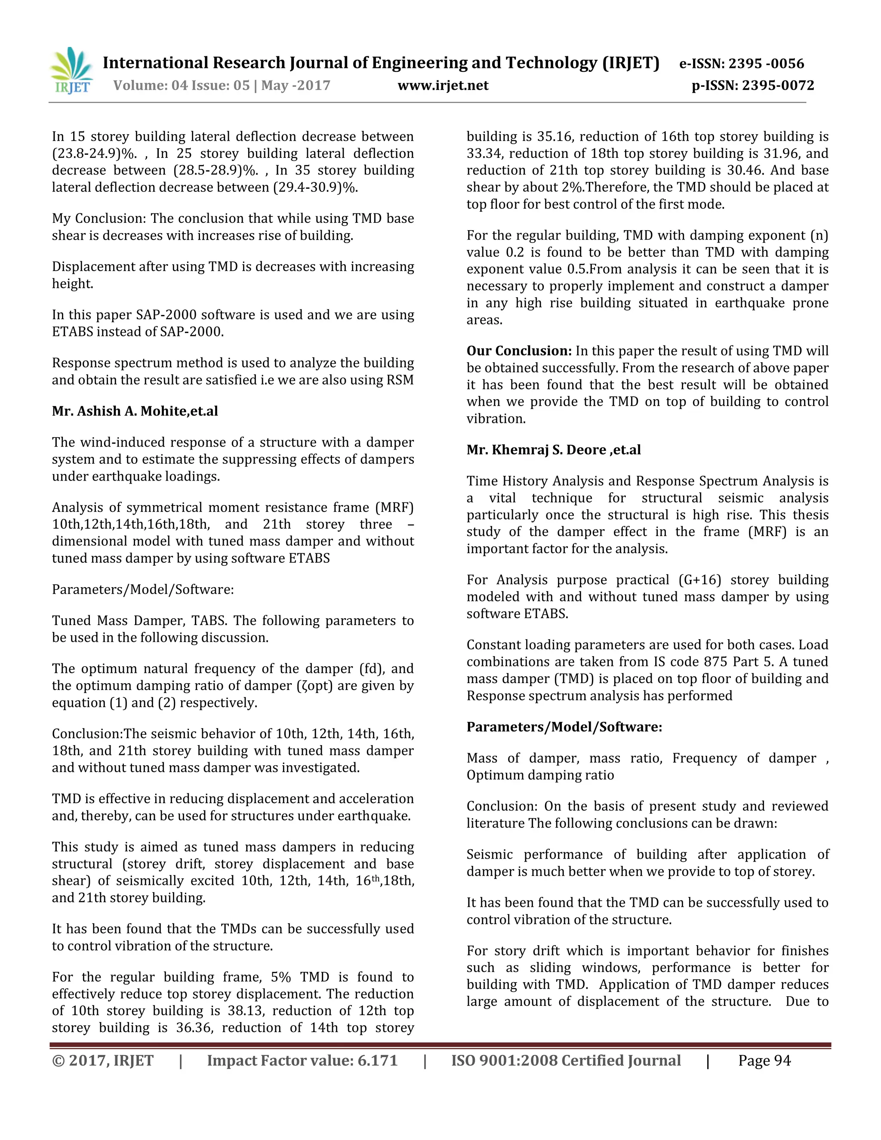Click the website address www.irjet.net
[443, 86]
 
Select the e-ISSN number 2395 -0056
[766, 64]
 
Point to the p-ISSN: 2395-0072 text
[753, 86]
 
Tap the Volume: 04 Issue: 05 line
[222, 86]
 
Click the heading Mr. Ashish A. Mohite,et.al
[135, 411]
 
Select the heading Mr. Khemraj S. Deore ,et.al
[553, 450]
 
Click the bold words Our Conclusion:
[519, 351]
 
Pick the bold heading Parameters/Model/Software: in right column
[564, 727]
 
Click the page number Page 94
[764, 1061]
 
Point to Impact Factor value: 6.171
[302, 1061]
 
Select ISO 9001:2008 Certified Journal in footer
[566, 1061]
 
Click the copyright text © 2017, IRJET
[103, 1061]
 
